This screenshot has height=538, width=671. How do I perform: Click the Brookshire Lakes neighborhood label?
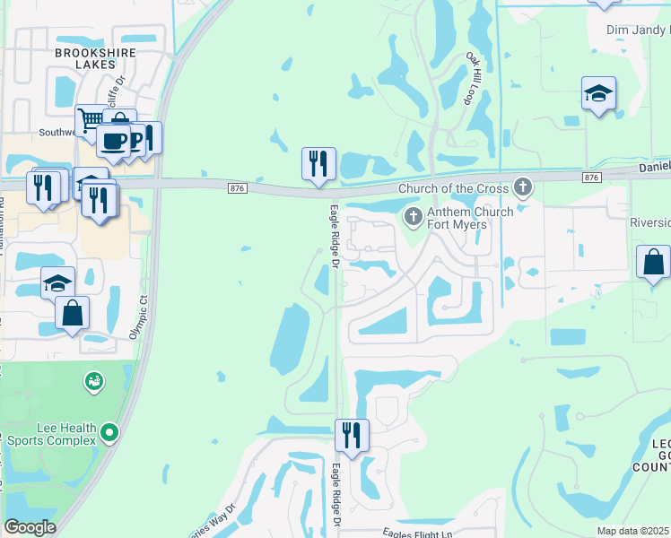[x=96, y=59]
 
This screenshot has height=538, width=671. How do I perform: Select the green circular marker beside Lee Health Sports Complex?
[x=109, y=433]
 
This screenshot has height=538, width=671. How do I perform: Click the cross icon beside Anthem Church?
[x=413, y=216]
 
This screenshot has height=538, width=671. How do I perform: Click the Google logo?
[x=30, y=527]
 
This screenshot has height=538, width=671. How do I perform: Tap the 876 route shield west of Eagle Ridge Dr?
[x=237, y=187]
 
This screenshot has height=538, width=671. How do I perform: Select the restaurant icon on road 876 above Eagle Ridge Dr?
[x=318, y=163]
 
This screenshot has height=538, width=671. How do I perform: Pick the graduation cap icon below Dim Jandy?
[x=598, y=92]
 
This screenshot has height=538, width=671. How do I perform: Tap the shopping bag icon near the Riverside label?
[x=653, y=262]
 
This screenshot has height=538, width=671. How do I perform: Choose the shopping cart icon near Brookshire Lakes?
[x=91, y=120]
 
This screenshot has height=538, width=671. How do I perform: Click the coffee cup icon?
[x=113, y=141]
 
